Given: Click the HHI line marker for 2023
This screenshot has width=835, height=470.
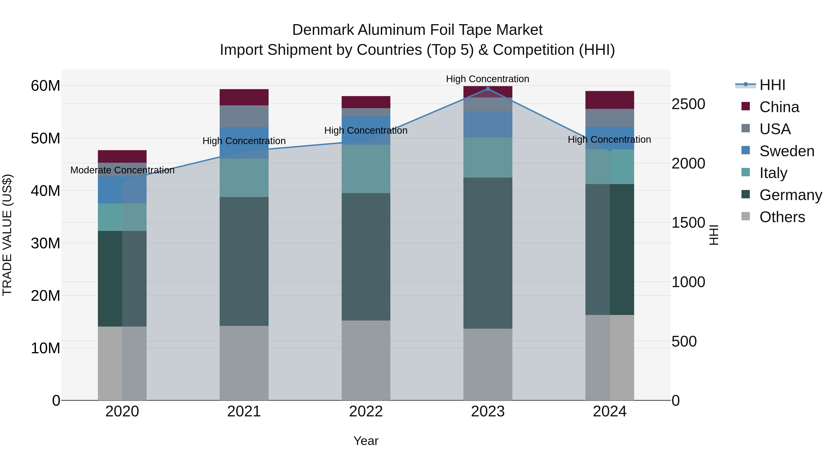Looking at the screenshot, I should pyautogui.click(x=488, y=89).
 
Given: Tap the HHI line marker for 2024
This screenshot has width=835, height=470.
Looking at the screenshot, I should pyautogui.click(x=610, y=149).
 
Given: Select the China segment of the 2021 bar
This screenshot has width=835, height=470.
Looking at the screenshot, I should pyautogui.click(x=244, y=97).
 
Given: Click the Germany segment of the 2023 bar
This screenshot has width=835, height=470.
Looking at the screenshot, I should pyautogui.click(x=488, y=253).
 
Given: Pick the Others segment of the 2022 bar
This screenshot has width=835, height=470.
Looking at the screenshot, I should pyautogui.click(x=366, y=360).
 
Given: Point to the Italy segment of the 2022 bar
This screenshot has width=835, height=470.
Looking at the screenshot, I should pyautogui.click(x=366, y=169).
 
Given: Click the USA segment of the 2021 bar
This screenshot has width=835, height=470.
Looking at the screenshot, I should pyautogui.click(x=244, y=116).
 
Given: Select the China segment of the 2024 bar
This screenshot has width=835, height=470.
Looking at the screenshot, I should pyautogui.click(x=610, y=100).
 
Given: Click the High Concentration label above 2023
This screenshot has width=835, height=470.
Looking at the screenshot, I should pyautogui.click(x=488, y=79).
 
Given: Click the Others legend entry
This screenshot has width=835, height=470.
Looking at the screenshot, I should pyautogui.click(x=782, y=217).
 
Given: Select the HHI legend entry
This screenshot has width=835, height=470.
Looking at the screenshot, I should pyautogui.click(x=772, y=85).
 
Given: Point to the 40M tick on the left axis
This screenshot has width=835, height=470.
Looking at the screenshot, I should pyautogui.click(x=45, y=191).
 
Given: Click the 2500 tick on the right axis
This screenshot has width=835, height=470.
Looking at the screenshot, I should pyautogui.click(x=688, y=104).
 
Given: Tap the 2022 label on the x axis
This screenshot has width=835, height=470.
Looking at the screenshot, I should pyautogui.click(x=366, y=412).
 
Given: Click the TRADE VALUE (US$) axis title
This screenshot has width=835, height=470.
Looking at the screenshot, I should pyautogui.click(x=7, y=235).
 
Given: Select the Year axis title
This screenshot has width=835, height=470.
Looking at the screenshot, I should pyautogui.click(x=366, y=441).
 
